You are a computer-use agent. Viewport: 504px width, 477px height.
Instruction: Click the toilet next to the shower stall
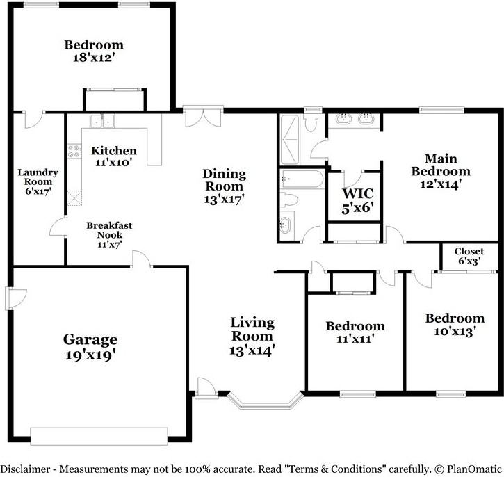point(312,122)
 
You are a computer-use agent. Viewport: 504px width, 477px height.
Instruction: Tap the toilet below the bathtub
point(291,201)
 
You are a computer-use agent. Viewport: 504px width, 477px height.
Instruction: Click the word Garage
point(90,339)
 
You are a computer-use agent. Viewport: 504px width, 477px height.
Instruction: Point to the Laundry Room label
point(38,177)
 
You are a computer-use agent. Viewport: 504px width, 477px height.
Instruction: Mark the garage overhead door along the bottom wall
point(99,435)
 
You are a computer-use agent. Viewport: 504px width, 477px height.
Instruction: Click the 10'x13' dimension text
point(455,332)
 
